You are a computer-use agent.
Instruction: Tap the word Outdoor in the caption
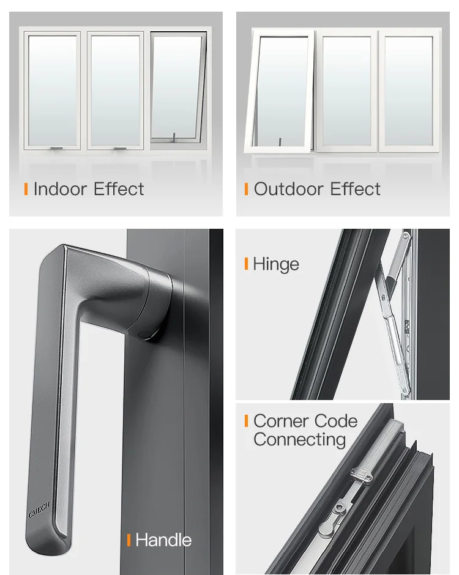290,189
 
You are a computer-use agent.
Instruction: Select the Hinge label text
276,264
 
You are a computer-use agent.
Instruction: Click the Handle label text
163,540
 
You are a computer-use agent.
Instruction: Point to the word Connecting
299,440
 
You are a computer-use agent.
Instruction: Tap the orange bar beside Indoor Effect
26,189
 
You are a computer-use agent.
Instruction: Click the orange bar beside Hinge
246,264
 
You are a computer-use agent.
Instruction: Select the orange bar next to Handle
129,540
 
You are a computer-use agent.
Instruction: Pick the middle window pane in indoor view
115,90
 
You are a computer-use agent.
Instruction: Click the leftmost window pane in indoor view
53,90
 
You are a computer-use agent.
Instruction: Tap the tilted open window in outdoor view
280,92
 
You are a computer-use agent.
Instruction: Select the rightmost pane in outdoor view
409,91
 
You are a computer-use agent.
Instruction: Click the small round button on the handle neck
144,334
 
